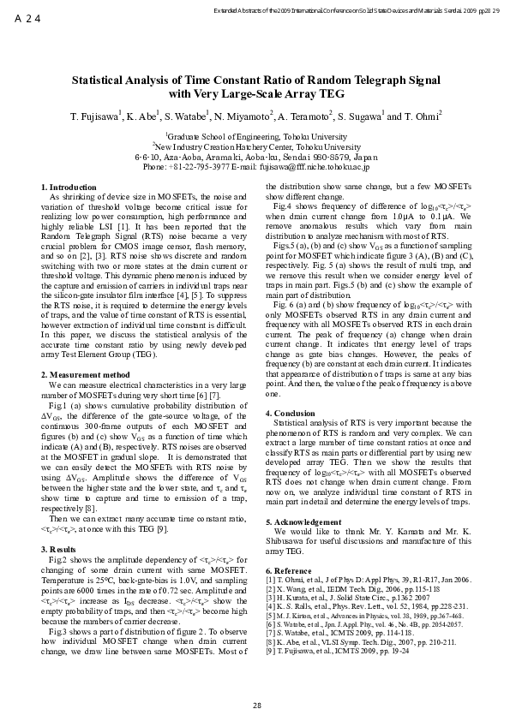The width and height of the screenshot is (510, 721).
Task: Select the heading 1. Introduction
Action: (69, 187)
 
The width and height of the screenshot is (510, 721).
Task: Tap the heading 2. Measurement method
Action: (86, 398)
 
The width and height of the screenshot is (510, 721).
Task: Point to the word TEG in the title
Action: (327, 93)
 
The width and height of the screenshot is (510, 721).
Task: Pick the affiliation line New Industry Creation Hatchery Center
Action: (256, 147)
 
